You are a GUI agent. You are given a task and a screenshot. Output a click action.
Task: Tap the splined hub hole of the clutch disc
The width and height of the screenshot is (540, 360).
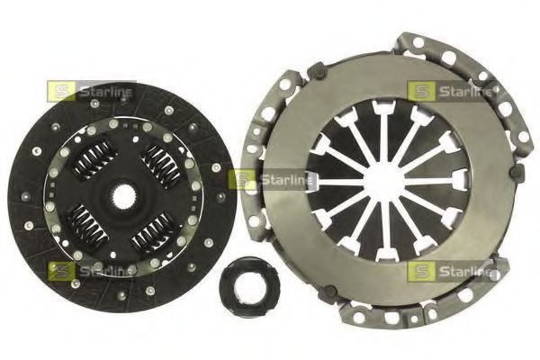(122, 197)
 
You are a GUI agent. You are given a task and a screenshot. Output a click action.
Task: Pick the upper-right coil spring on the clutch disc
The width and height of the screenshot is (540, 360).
(161, 166)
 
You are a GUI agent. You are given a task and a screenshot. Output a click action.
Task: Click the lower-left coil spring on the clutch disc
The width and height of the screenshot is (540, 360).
(87, 226)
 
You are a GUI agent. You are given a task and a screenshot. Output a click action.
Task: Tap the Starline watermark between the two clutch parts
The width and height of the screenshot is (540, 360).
(273, 179)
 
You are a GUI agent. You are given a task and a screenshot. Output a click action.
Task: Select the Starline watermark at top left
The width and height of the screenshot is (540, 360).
(91, 91)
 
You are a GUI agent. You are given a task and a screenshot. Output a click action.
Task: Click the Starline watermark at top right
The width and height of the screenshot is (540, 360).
(451, 92)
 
